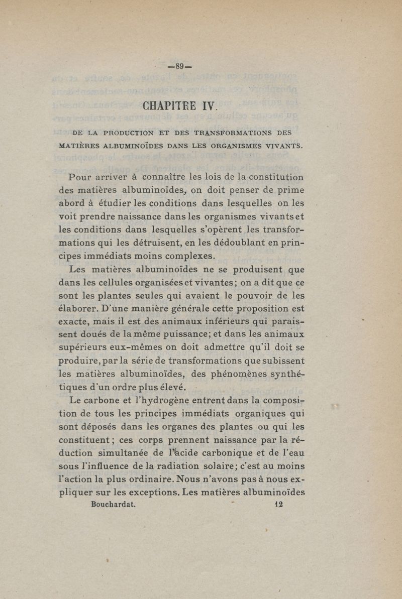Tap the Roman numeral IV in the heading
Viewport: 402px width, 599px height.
tap(208, 106)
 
